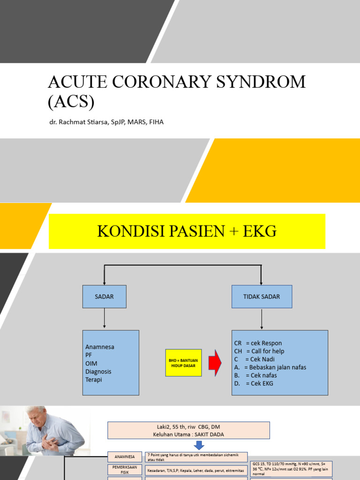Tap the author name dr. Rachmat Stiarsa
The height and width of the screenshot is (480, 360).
(75, 122)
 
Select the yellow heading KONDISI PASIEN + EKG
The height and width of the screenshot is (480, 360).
(187, 231)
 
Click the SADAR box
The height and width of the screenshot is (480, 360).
(104, 296)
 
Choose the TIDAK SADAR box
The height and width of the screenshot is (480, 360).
(262, 296)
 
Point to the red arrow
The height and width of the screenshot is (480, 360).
(215, 362)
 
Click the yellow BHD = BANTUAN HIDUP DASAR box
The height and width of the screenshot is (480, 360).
(183, 362)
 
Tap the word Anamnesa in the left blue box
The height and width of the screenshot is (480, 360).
(100, 347)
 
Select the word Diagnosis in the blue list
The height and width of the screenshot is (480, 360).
(98, 371)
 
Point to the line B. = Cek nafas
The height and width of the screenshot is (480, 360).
(255, 375)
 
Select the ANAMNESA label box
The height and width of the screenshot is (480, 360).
(125, 457)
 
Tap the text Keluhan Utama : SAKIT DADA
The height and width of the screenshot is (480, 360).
(188, 434)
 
